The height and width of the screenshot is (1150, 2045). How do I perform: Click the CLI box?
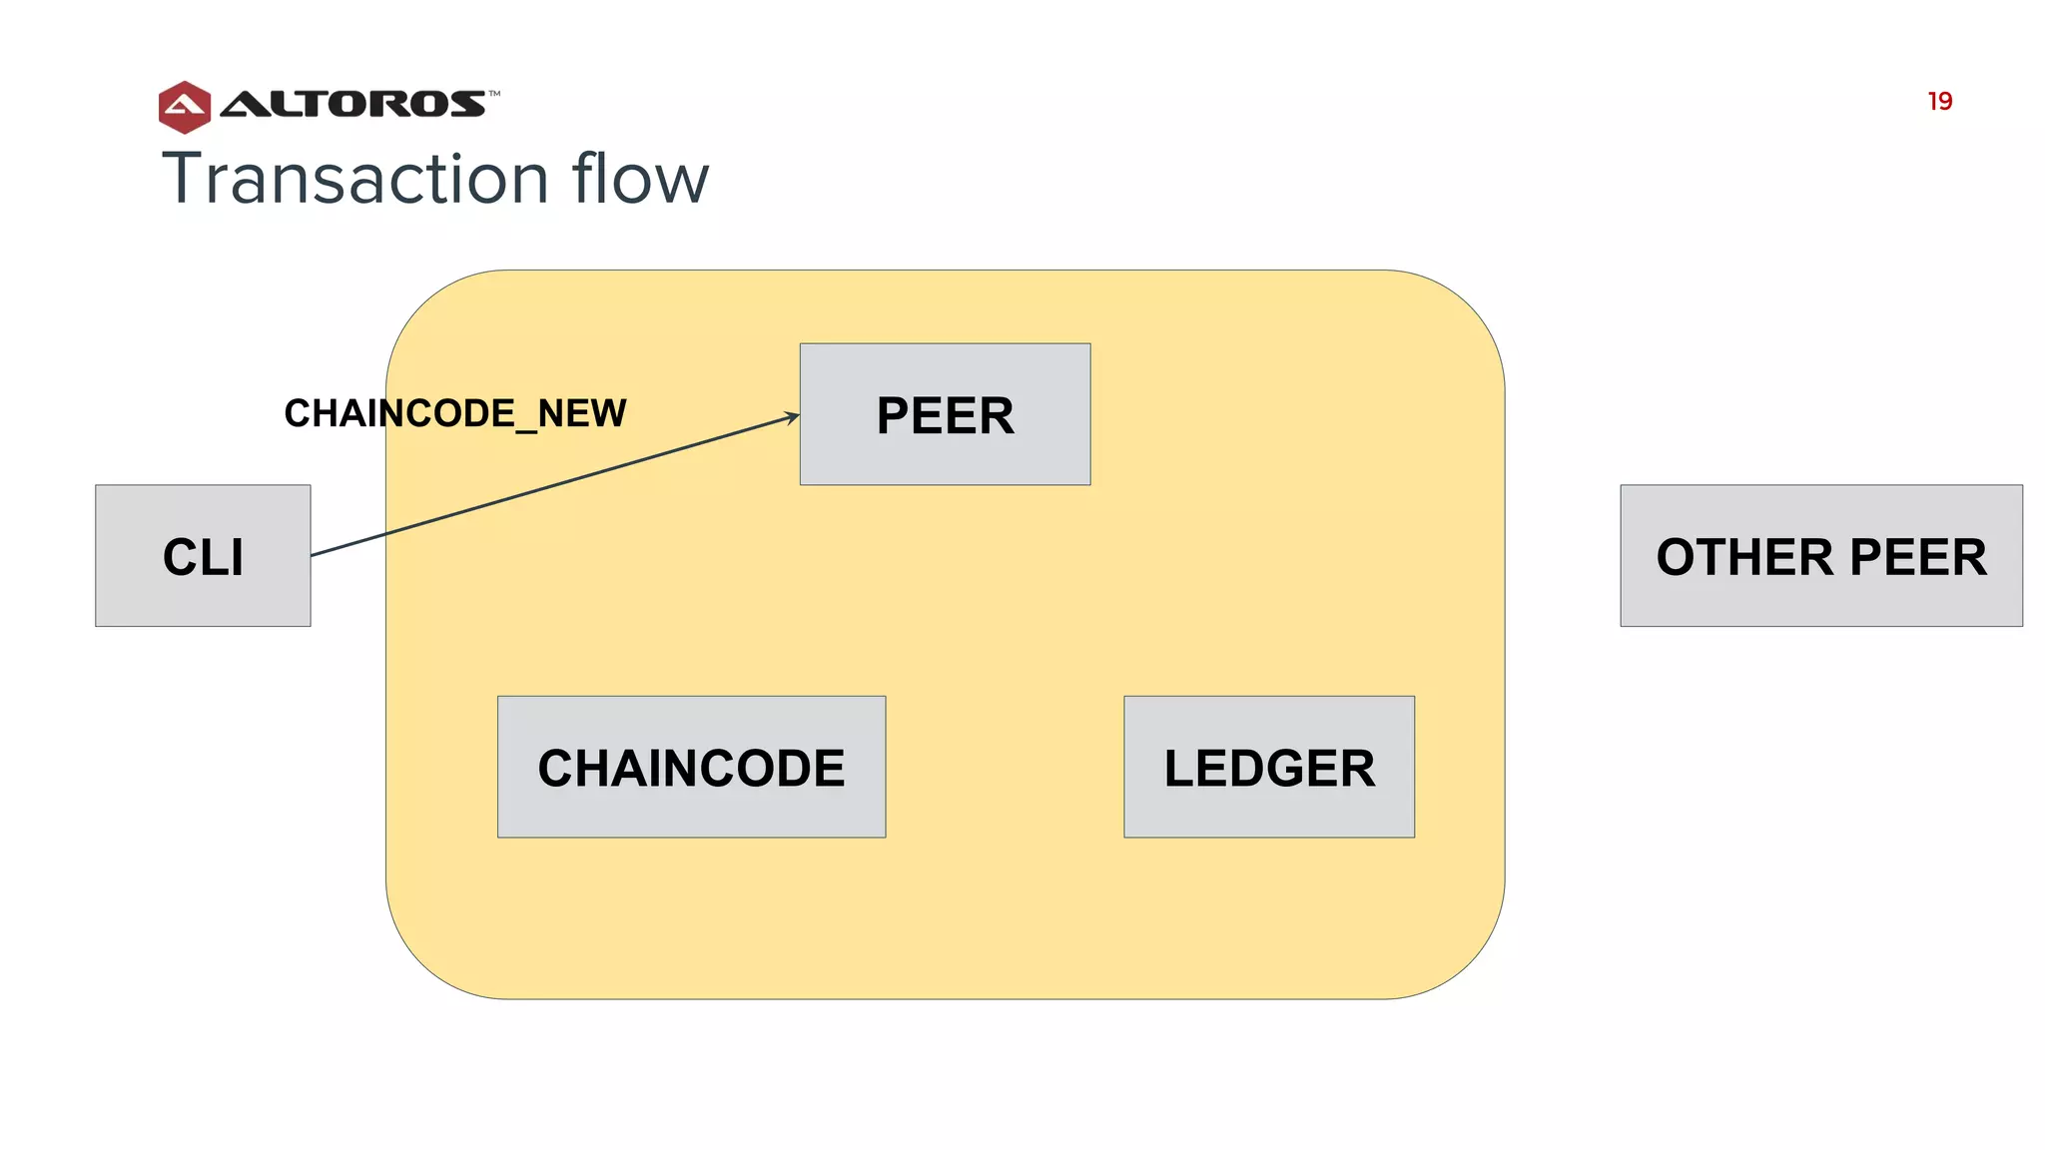click(203, 556)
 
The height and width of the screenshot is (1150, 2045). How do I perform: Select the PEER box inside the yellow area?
click(945, 414)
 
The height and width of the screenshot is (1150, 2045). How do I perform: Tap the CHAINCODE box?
click(691, 767)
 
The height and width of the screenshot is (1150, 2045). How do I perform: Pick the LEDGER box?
click(1268, 767)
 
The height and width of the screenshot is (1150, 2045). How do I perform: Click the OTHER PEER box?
click(1820, 556)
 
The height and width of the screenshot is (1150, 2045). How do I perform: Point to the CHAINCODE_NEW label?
click(455, 413)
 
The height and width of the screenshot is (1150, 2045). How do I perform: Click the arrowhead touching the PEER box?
click(794, 416)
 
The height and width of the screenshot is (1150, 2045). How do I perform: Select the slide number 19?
click(1939, 102)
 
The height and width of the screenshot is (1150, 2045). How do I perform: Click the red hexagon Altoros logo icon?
click(185, 107)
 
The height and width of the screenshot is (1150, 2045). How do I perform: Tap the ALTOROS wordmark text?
click(353, 104)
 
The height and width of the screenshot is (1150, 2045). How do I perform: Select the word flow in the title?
click(640, 179)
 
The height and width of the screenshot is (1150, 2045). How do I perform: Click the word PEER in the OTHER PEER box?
click(1917, 557)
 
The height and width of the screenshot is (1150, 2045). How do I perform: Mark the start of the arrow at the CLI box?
click(314, 555)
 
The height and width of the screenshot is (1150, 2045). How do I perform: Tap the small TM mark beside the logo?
click(494, 94)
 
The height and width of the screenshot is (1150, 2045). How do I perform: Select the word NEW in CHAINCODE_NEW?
click(583, 413)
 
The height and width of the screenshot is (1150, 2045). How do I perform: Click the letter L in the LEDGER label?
click(1180, 769)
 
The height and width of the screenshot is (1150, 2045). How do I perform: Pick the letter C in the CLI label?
click(179, 557)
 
